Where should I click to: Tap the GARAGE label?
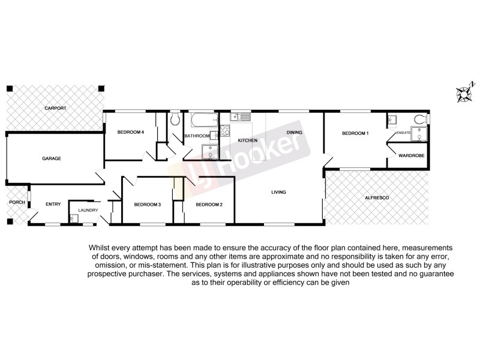click(52, 158)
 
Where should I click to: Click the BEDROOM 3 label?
click(147, 205)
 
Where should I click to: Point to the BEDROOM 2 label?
click(209, 205)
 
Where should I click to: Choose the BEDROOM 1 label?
click(355, 133)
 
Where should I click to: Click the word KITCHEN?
click(248, 140)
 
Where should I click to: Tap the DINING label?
click(294, 132)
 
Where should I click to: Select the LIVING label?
click(278, 192)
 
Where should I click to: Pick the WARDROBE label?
click(407, 155)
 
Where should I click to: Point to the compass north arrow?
click(463, 92)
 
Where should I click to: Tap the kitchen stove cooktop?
click(224, 130)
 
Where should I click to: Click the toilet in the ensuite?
click(421, 117)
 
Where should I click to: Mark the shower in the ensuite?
click(419, 134)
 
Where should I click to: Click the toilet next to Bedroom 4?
click(175, 119)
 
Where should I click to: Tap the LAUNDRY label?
click(88, 211)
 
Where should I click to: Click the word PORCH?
click(16, 202)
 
